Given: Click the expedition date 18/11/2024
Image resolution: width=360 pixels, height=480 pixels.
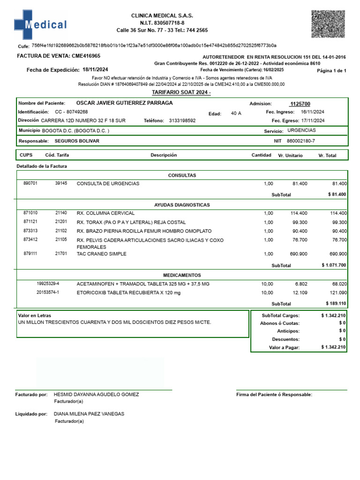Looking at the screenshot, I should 95,69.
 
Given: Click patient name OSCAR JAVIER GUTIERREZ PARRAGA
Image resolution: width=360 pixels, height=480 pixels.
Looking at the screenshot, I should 124,103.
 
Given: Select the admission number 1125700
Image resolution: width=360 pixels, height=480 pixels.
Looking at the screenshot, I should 300,104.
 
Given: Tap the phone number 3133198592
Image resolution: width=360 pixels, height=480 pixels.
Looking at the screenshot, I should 182,120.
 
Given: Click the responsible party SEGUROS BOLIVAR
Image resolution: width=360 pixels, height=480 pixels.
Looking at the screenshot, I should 77,141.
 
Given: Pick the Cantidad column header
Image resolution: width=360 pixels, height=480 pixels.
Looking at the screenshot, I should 261,155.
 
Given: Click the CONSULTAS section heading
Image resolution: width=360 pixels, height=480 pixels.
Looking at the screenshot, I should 182,175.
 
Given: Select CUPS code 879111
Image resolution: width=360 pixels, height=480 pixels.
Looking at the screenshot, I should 30,254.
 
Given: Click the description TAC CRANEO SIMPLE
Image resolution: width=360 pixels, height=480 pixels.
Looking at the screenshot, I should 101,254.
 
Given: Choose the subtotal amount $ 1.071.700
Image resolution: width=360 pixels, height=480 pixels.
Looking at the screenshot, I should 334,265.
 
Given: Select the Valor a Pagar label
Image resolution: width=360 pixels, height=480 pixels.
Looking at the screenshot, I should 284,347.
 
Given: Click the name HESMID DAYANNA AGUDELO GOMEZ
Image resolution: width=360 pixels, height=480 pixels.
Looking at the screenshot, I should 97,395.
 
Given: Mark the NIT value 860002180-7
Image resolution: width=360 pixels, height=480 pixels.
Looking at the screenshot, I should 300,141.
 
